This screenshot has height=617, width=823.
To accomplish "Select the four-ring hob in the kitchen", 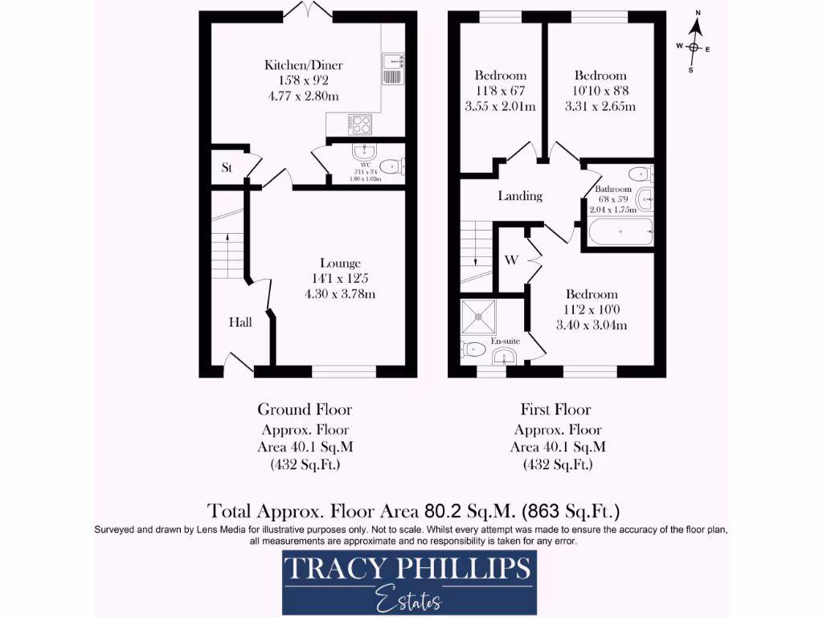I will (360, 124).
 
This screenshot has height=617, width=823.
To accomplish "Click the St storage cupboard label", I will (227, 169).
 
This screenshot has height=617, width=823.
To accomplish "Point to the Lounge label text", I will (340, 263).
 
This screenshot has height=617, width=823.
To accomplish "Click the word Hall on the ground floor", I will (240, 322).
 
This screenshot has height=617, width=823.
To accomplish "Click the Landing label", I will (520, 195).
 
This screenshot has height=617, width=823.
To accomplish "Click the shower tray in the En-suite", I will (481, 317).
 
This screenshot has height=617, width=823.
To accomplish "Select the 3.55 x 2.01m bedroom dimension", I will (500, 106).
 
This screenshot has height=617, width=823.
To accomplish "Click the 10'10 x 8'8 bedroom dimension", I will (600, 91).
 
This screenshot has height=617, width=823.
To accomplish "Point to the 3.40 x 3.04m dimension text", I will (591, 325).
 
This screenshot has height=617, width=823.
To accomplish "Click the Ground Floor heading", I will (305, 410).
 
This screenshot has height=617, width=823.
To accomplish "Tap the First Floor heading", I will (555, 410).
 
